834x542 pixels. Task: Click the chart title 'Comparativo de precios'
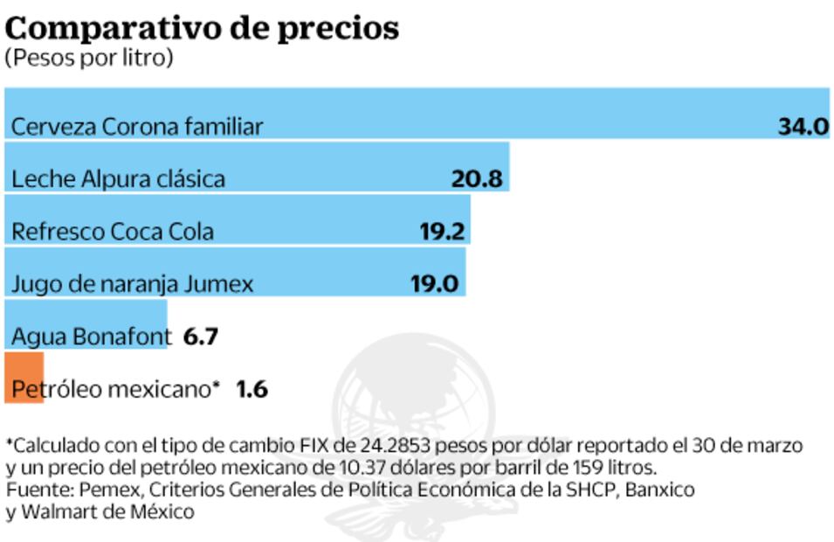(x=202, y=28)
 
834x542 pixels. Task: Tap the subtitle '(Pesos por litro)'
(x=89, y=59)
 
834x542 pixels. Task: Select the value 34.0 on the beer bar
(x=803, y=127)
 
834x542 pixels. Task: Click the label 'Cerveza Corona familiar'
(x=136, y=127)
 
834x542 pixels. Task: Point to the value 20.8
(x=477, y=179)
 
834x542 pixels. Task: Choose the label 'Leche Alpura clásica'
(x=118, y=179)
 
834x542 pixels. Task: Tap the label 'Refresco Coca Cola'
(x=112, y=232)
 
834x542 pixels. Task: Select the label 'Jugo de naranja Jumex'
(x=132, y=284)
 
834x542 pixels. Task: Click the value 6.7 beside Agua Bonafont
(x=200, y=337)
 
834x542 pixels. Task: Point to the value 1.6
(x=252, y=389)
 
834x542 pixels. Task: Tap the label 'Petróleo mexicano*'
(x=114, y=389)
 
